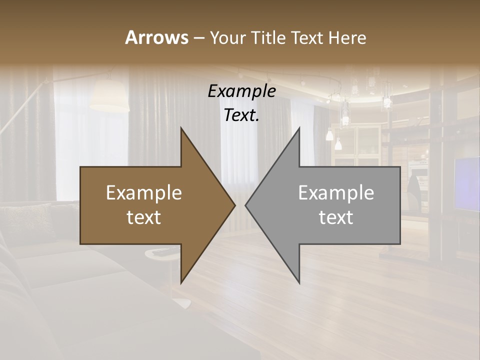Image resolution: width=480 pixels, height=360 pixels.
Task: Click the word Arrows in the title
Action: pos(156,37)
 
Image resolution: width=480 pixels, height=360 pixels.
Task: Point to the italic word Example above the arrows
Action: pos(241,91)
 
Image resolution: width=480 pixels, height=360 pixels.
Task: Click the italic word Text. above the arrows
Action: pos(241,115)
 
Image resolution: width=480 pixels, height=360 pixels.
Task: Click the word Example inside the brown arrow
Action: pos(144,193)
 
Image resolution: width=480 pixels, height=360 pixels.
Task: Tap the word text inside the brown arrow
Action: pos(144,217)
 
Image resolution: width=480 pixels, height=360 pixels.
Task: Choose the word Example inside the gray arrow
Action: pos(336,193)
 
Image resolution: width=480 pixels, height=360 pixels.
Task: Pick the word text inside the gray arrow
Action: pos(336,217)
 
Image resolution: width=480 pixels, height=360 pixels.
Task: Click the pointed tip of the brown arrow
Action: pos(234,205)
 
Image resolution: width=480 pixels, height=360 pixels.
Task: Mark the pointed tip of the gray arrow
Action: pos(245,205)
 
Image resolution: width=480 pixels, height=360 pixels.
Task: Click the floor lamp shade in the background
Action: pos(109,97)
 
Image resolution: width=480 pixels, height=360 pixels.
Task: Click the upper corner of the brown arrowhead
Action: pos(181,128)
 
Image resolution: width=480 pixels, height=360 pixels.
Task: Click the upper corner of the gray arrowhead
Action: pos(299,128)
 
